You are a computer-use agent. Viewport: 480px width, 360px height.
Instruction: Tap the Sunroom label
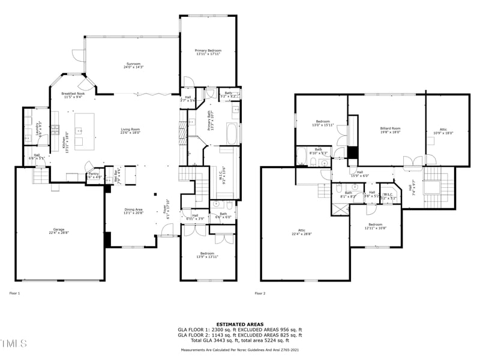pos(133,65)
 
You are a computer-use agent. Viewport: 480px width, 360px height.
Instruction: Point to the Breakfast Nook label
pos(73,94)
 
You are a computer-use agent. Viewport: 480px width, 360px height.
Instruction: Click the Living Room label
pos(130,131)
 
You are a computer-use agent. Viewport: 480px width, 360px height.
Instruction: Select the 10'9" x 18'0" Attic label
pos(443,131)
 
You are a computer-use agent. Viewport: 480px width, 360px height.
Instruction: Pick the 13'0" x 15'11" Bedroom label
pos(322,124)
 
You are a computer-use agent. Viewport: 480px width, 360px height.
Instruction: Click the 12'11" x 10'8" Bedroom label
pos(376,226)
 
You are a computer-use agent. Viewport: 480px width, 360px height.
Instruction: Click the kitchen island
pos(85,131)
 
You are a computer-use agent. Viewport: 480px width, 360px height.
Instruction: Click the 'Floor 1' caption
pos(15,293)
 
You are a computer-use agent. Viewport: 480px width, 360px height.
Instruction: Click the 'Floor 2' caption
pos(260,293)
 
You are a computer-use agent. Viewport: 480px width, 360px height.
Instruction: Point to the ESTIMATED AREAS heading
pos(240,324)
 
